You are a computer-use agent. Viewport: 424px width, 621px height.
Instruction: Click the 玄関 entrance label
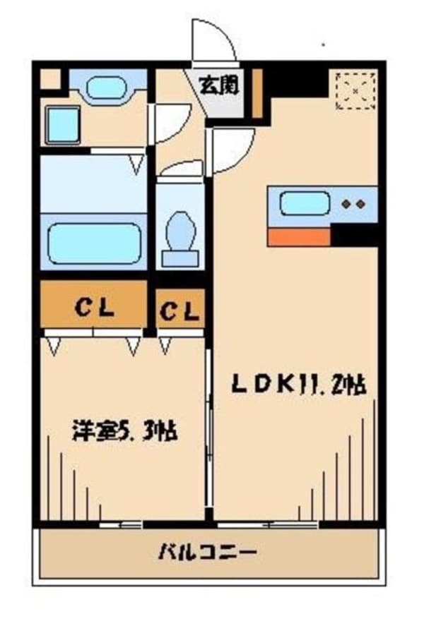(219, 85)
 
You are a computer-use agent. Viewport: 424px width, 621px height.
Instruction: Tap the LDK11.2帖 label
(299, 385)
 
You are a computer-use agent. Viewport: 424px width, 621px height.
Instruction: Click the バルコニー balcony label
(208, 552)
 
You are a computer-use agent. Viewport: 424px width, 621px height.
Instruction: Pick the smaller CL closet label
(179, 311)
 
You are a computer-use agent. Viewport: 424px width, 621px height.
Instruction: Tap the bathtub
(95, 243)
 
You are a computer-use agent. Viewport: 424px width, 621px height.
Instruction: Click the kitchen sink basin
(305, 203)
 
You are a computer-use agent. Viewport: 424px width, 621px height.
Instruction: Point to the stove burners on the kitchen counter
(354, 205)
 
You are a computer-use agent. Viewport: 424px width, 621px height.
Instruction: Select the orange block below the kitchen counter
(299, 237)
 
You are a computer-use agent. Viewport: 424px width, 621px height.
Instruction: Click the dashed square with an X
(355, 90)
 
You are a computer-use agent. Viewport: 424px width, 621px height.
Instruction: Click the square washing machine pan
(64, 125)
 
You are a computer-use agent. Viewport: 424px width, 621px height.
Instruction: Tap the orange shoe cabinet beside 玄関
(257, 93)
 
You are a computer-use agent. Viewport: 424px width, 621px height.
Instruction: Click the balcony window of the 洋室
(121, 525)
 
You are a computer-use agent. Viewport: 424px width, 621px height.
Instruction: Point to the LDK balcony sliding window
(268, 525)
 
